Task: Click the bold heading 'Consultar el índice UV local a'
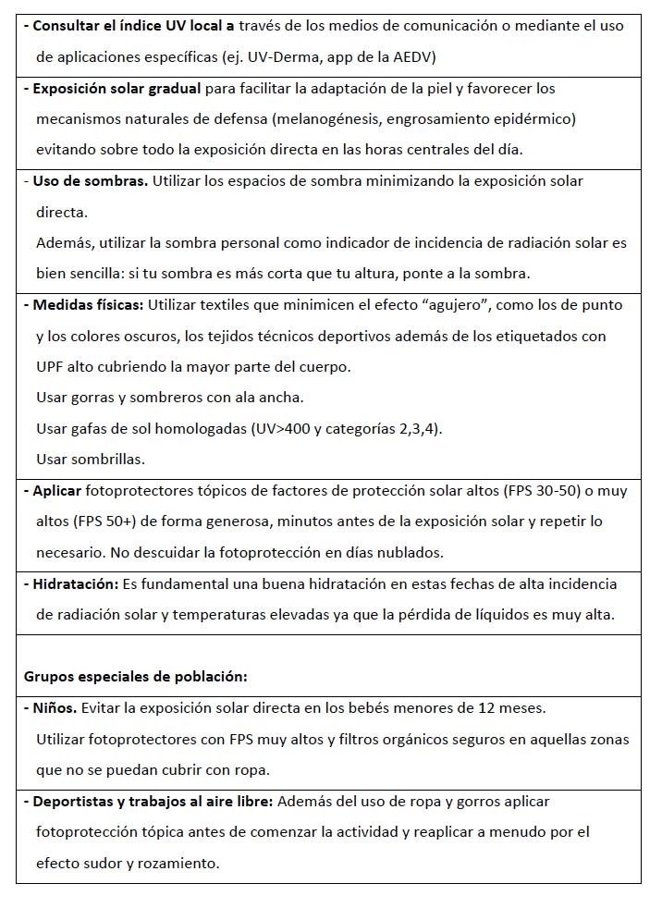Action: [133, 26]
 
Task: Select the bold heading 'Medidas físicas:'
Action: [89, 305]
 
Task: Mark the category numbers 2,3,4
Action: [415, 429]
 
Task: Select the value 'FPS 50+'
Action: [104, 521]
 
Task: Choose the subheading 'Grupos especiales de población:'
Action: [135, 676]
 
